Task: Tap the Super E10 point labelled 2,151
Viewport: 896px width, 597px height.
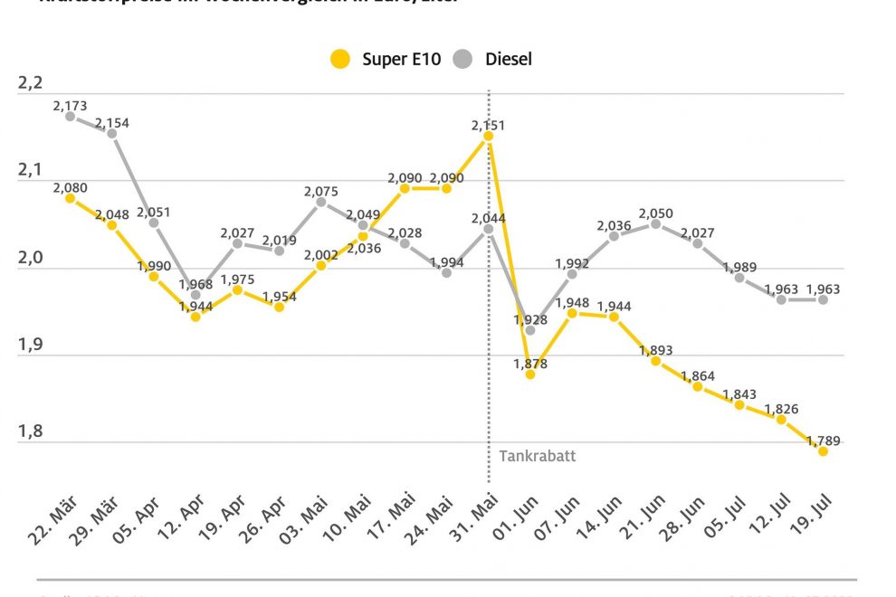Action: [489, 136]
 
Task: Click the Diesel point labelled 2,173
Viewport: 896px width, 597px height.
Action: [70, 116]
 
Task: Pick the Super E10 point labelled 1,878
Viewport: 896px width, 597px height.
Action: [530, 374]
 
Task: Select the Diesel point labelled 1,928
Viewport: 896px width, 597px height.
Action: [530, 330]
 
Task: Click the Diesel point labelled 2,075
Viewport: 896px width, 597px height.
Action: [320, 202]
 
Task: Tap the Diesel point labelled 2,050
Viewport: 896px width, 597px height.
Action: [656, 223]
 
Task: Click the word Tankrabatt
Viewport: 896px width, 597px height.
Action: [537, 456]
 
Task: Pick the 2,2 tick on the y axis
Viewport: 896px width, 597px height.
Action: [30, 83]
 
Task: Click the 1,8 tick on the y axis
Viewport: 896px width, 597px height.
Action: [30, 431]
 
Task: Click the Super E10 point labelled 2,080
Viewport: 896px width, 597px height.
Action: [70, 197]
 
